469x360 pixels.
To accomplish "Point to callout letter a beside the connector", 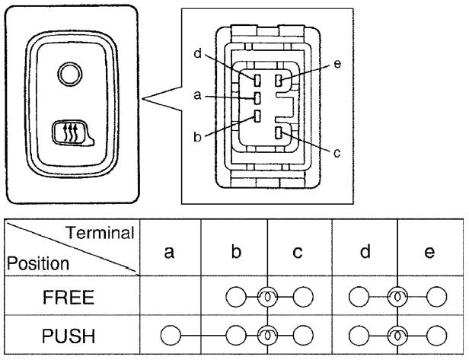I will (x=198, y=97).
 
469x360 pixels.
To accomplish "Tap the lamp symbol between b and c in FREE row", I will (x=268, y=297).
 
